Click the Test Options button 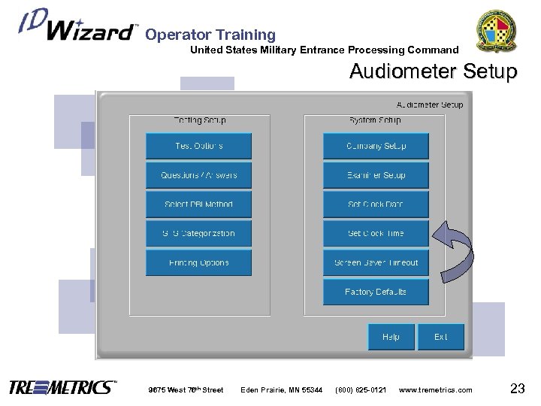pos(198,146)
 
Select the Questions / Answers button pos(198,175)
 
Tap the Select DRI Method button pos(198,205)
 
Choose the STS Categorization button pos(198,234)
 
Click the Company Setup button pos(376,146)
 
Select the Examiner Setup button pos(376,175)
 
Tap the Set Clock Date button pos(376,205)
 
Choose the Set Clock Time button pos(376,234)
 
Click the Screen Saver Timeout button pos(376,263)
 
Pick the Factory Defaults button pos(376,292)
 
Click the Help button pos(391,337)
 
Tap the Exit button pos(441,337)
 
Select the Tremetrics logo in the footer pos(62,388)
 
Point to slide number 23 pos(517,388)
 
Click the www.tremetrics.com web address pos(436,389)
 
